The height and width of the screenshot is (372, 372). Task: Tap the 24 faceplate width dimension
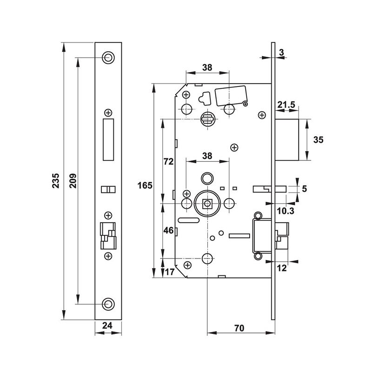click(108, 325)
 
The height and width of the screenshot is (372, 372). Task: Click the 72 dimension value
click(168, 162)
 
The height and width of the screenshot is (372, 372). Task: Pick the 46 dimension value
click(168, 230)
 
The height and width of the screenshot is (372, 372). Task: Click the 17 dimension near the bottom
click(169, 272)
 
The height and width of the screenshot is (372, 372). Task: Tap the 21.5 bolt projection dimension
click(286, 105)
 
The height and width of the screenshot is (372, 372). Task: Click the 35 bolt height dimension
click(319, 139)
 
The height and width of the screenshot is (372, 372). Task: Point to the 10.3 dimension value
click(285, 211)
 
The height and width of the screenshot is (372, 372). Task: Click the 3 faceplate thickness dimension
click(282, 53)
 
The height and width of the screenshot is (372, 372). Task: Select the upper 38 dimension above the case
click(207, 67)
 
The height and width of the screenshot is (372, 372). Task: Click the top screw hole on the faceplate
click(108, 58)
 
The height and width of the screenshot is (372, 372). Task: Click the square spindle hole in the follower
click(207, 203)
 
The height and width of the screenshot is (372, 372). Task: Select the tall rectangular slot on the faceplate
click(108, 139)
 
